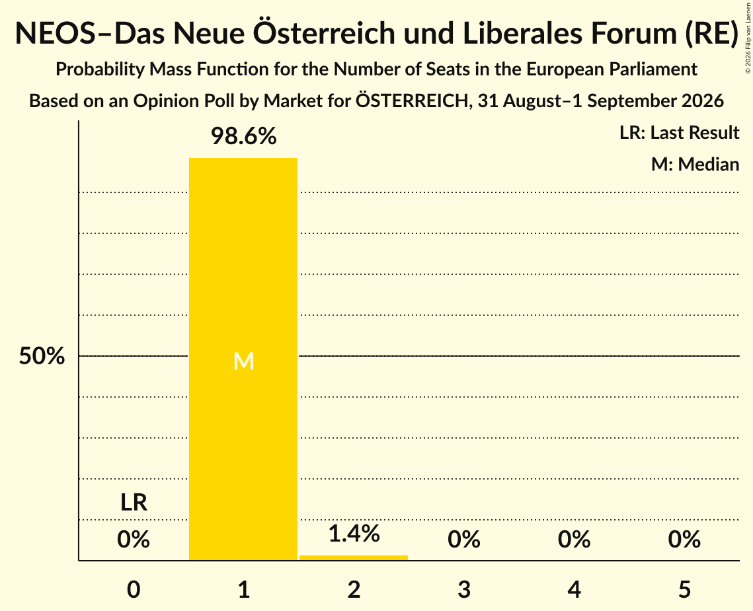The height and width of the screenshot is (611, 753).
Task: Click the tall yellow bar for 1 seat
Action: click(x=243, y=359)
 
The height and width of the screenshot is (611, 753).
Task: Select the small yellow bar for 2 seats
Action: click(x=354, y=557)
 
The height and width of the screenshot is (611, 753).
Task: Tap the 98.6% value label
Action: click(x=244, y=136)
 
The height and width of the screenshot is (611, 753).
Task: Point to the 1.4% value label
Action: click(x=354, y=534)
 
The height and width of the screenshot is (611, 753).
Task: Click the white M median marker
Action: click(x=243, y=361)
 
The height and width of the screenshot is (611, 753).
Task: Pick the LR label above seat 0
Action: click(x=134, y=503)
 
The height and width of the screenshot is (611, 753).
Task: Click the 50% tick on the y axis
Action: click(x=42, y=356)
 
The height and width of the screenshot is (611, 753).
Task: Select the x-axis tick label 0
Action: click(x=134, y=589)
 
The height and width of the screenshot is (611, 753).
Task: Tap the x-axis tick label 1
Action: click(x=244, y=589)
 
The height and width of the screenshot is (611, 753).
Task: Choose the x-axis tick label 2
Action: click(x=354, y=589)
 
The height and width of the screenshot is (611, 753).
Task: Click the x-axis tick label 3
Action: click(x=464, y=589)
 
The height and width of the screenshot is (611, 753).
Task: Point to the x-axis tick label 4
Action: click(x=575, y=589)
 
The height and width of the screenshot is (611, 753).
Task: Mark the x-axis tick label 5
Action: click(x=684, y=589)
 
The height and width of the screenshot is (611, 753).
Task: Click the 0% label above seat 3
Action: click(x=464, y=540)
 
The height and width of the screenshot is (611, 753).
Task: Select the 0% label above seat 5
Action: click(x=684, y=540)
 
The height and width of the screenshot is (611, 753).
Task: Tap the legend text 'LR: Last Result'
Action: click(x=679, y=132)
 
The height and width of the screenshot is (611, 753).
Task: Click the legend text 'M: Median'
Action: click(x=695, y=165)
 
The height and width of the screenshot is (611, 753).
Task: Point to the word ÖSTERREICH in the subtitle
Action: click(x=412, y=101)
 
